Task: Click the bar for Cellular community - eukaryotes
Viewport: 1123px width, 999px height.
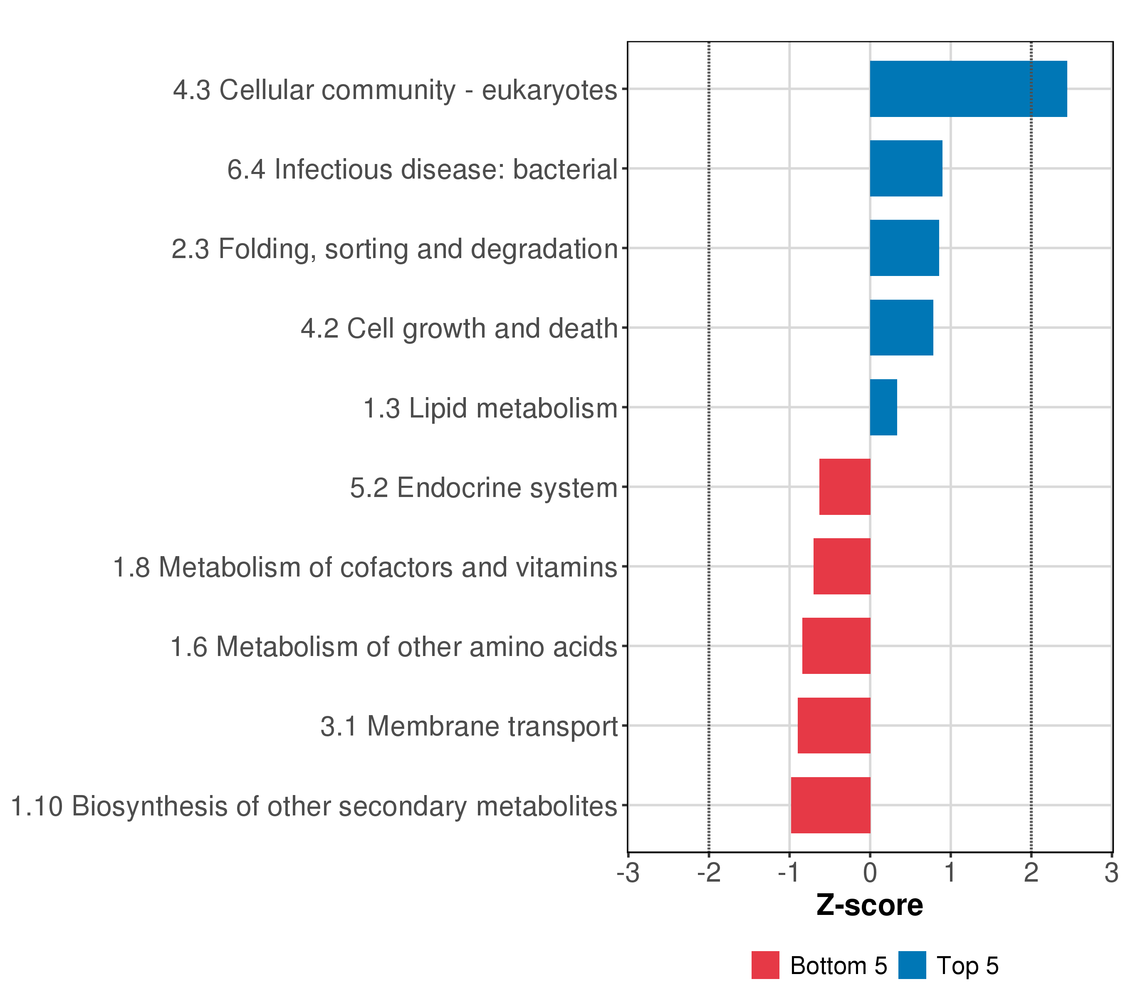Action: coord(968,89)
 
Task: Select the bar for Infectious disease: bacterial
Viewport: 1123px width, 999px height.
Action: coord(906,168)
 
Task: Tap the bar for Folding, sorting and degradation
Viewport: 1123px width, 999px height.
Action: coord(904,248)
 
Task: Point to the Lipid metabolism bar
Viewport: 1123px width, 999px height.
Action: coord(883,408)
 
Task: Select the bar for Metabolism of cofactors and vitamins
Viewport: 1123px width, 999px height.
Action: coord(842,566)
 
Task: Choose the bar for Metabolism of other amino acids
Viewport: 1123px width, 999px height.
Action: coord(836,646)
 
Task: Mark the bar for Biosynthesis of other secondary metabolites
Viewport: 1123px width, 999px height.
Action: coord(831,805)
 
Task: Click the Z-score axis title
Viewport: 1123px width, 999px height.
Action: coord(870,905)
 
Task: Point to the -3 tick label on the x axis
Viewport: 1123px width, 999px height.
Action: coord(628,873)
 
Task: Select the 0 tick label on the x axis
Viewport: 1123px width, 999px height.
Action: coord(870,873)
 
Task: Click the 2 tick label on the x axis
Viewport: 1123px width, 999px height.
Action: coord(1031,873)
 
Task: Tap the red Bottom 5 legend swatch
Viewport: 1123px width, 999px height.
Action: coord(765,965)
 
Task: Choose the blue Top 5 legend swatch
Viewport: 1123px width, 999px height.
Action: coord(912,965)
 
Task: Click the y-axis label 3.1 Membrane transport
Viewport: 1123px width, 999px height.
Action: coord(469,726)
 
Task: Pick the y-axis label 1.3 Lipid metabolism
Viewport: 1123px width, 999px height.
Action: coord(491,408)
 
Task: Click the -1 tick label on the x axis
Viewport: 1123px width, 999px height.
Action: coord(789,873)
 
